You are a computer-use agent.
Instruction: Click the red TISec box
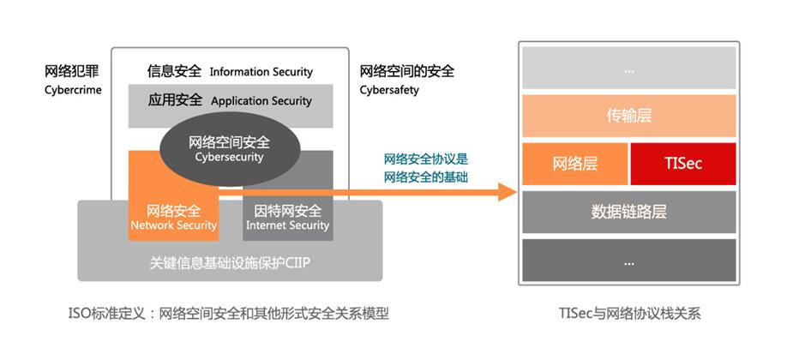click(682, 163)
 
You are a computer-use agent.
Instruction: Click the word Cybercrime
click(73, 89)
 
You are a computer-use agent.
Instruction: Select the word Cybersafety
click(389, 89)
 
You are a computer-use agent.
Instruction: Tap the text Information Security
click(261, 72)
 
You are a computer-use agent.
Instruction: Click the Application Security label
click(261, 101)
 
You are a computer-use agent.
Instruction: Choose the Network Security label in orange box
click(174, 225)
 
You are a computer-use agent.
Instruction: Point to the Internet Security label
click(287, 225)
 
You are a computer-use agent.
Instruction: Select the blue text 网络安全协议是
click(426, 159)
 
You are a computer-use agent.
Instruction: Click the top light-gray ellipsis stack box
click(628, 69)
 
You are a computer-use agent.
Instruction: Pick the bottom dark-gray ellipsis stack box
click(628, 261)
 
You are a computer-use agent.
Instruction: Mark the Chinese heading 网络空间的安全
click(407, 71)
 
